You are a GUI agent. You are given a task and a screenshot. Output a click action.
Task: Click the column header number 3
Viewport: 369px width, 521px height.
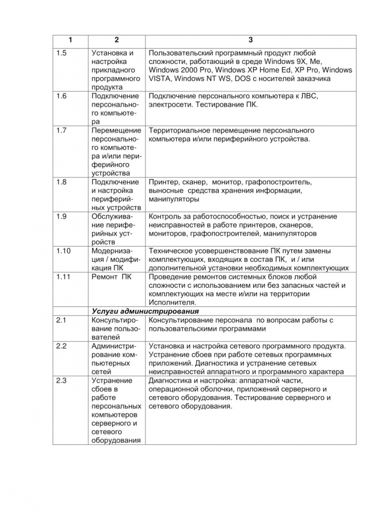pos(250,40)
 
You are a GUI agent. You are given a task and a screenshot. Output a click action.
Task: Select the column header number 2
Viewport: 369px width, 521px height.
pos(116,40)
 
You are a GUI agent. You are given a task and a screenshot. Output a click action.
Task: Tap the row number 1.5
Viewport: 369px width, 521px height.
pos(61,53)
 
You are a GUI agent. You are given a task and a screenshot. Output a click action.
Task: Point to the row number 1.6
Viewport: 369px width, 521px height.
pos(61,96)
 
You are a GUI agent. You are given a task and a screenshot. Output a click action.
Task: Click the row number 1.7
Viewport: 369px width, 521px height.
pos(61,130)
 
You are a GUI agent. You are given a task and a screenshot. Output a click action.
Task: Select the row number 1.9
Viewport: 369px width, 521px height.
pos(61,216)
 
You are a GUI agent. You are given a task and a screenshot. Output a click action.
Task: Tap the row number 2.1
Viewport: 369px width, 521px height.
pos(61,320)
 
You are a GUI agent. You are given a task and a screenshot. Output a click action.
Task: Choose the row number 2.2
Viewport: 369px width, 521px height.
pos(61,346)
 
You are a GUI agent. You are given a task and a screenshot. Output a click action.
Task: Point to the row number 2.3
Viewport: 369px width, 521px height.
pos(61,381)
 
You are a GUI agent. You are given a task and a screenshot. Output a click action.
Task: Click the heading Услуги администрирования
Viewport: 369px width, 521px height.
pos(145,311)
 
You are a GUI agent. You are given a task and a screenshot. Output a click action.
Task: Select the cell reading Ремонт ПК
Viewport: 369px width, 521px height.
pos(112,277)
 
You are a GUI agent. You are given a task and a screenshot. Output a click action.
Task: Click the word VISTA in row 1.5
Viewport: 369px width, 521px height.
pos(160,78)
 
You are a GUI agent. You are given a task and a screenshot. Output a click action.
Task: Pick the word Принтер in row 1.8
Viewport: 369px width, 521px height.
pos(163,182)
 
